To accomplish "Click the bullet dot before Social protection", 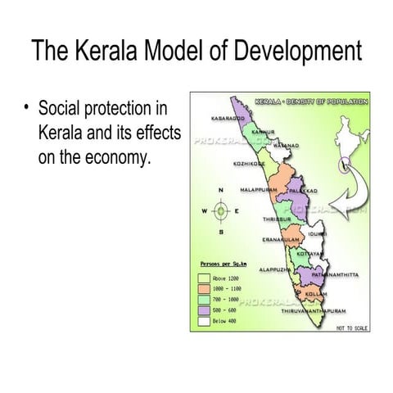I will (x=28, y=108).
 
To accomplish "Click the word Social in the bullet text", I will (x=58, y=108).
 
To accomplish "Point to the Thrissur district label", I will (x=277, y=220).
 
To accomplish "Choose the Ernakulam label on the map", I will (x=280, y=239).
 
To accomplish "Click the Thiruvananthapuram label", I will (x=314, y=311).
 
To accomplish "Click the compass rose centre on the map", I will (x=219, y=210).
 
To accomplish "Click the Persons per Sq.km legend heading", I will (x=223, y=265).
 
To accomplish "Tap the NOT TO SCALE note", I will (x=352, y=328).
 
